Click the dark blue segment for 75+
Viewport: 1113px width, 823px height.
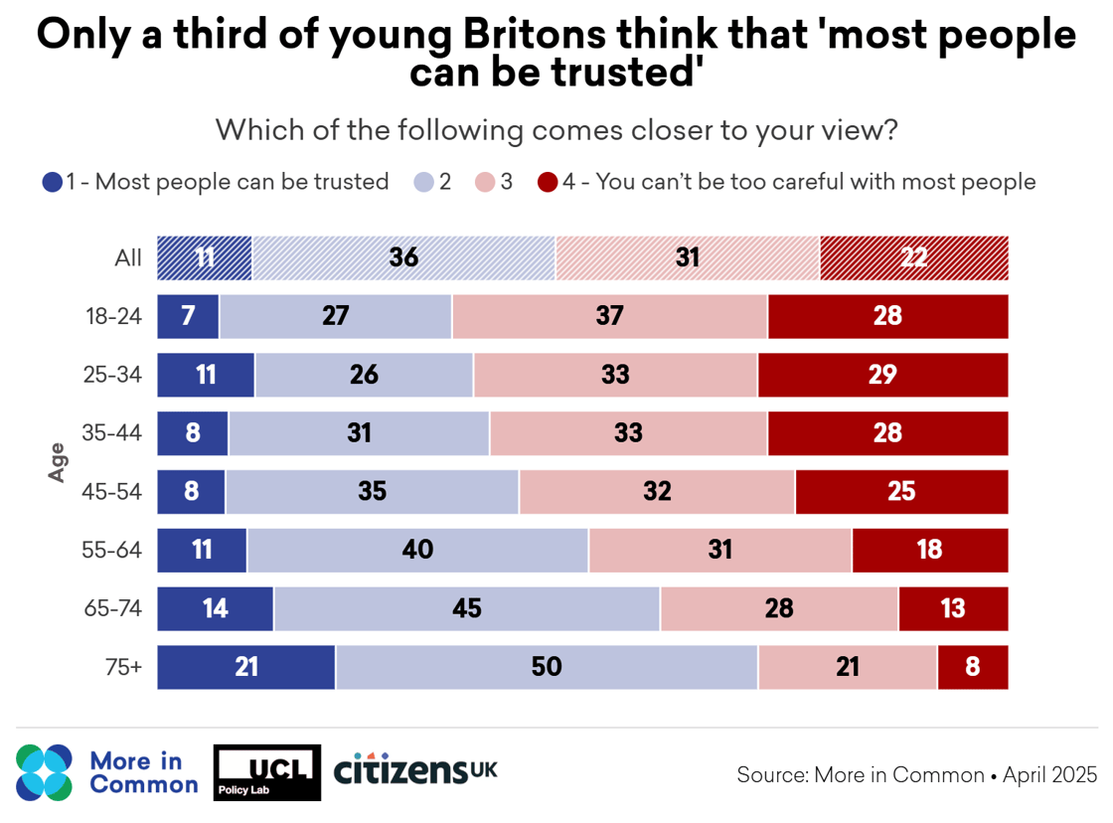[246, 667]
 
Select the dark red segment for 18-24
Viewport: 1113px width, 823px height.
[887, 316]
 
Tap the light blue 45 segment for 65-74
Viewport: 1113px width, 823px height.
[467, 608]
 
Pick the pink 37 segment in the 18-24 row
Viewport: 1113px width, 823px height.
[609, 316]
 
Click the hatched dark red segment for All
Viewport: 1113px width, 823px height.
[913, 258]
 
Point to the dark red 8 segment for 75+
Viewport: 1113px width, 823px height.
[972, 667]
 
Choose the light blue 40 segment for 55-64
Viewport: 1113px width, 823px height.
[418, 550]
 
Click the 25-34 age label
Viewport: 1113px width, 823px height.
[115, 375]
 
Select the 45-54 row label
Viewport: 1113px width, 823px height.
[115, 492]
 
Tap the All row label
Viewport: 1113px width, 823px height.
[128, 258]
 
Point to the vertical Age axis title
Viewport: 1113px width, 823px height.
[58, 462]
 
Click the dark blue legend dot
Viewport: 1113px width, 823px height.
[53, 182]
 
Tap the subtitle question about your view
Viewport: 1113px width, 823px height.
[556, 129]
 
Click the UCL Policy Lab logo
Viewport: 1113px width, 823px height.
[268, 772]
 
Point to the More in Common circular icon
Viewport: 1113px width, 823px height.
[45, 772]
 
